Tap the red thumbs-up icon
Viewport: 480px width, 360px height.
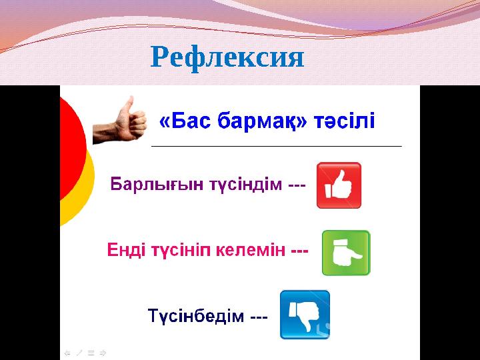click(339, 185)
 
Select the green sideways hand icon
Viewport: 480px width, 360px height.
click(346, 253)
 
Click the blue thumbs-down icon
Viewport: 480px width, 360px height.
click(305, 314)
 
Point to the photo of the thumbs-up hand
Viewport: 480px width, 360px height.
click(119, 121)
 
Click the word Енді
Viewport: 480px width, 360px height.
click(127, 252)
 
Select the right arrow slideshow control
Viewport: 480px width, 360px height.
click(103, 352)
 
